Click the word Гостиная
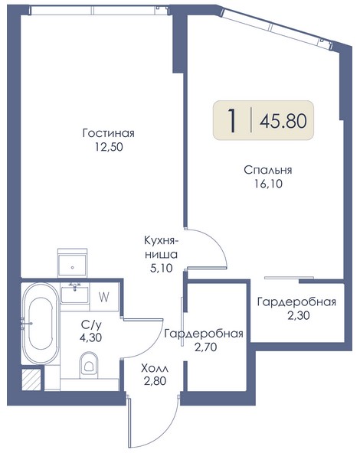tap(109, 133)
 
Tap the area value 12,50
tap(109, 147)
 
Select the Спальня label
tap(268, 170)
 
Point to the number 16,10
tap(268, 184)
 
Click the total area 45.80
tap(283, 121)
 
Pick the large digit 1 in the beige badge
tap(231, 121)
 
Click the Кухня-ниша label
tap(161, 248)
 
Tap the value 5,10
tap(162, 269)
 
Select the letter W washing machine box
tap(104, 297)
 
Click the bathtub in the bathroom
tap(41, 324)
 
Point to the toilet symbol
tap(89, 364)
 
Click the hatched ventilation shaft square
tap(31, 380)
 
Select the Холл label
tap(155, 369)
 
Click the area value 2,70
tap(205, 347)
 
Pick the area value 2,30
tap(299, 315)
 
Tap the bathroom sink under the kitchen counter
tap(75, 294)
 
